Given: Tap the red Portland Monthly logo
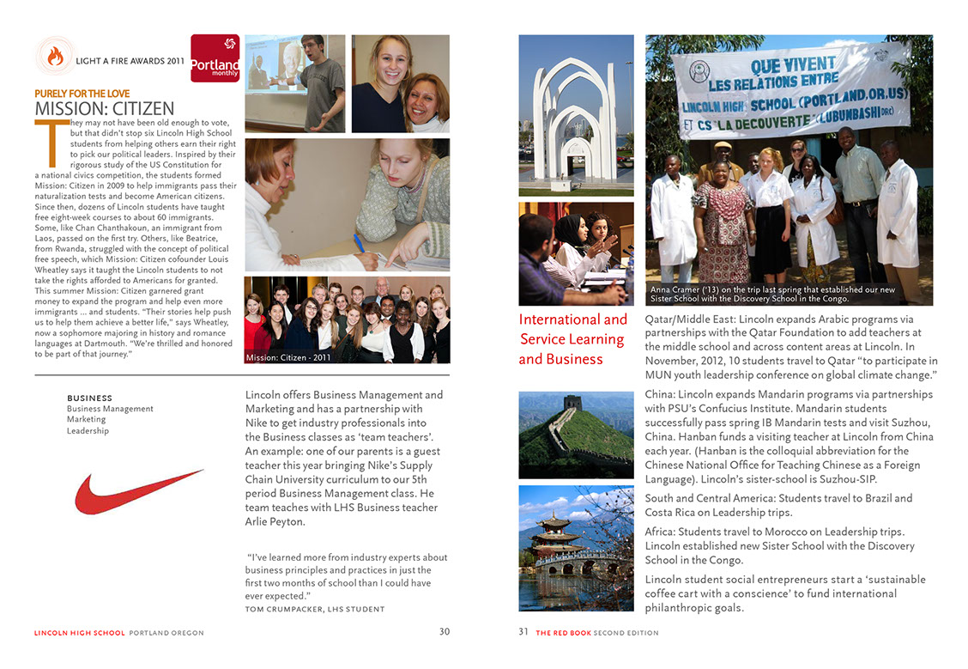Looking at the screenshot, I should [x=215, y=58].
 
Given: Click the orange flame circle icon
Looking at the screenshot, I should [x=55, y=57].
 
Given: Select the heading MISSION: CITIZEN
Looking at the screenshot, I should [x=105, y=109].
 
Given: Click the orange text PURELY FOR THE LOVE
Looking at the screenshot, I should [x=82, y=94].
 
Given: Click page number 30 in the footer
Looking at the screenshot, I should [x=444, y=632].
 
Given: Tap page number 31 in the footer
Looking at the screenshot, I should [x=523, y=632].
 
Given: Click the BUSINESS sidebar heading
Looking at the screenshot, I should [x=89, y=398].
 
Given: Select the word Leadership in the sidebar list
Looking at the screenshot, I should [x=88, y=431].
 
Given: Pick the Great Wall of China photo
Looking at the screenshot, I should [x=576, y=435].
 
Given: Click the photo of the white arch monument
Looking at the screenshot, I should [x=576, y=115].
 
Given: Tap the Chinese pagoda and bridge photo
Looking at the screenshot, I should [x=576, y=547].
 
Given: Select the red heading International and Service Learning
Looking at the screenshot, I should [x=572, y=330].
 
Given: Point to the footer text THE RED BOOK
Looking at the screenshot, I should [x=563, y=633].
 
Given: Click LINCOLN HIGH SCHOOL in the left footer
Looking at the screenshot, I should [x=79, y=633].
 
